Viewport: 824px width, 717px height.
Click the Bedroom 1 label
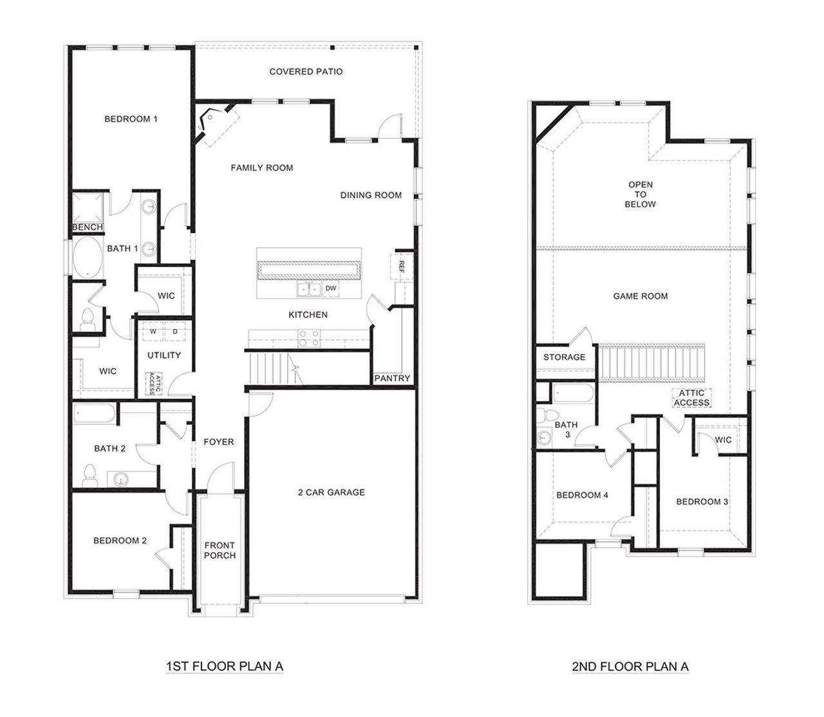tap(131, 119)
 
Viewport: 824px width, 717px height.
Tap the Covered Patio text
tap(306, 71)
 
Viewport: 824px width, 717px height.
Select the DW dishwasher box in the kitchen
tap(330, 289)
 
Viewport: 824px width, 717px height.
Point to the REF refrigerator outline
tap(400, 265)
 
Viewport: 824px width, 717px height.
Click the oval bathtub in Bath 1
tap(86, 257)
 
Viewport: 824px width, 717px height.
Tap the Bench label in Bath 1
tap(87, 227)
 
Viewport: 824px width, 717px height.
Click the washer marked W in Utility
tap(153, 331)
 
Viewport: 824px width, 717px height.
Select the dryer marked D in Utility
tap(174, 331)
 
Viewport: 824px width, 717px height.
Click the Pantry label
tap(392, 378)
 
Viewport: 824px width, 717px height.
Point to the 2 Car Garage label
tap(331, 492)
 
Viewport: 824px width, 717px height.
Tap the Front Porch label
tap(220, 550)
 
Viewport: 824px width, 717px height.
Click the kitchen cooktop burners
tap(308, 336)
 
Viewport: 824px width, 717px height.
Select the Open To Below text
tap(640, 194)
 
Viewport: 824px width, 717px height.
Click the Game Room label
tap(640, 296)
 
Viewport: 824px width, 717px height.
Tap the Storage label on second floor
tap(564, 357)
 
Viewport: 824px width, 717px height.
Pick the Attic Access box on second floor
tap(691, 398)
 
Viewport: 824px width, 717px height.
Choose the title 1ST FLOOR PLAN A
tap(224, 667)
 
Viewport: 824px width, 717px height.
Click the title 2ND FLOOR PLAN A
tap(630, 667)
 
